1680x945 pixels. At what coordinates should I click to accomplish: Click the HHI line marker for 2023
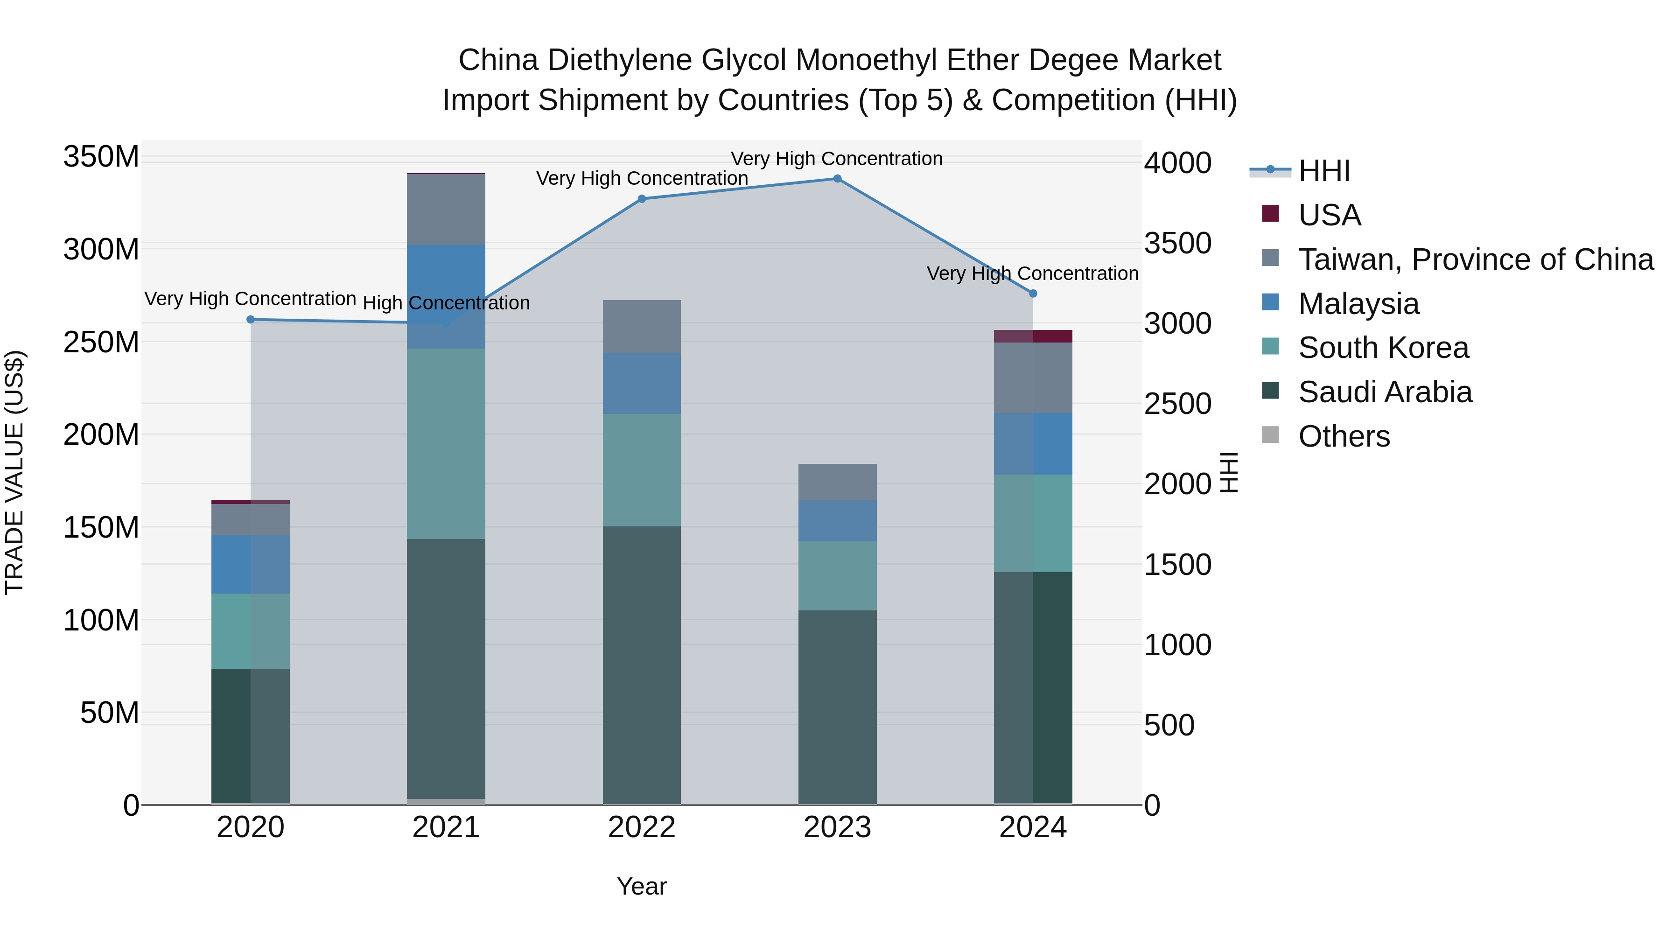tap(837, 179)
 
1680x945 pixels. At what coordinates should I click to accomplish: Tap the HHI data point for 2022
tap(642, 199)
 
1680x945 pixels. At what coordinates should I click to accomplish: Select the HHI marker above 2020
tap(251, 320)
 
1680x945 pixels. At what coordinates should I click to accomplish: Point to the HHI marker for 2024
tap(1033, 294)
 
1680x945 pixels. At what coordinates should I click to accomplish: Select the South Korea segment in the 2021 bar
tap(446, 443)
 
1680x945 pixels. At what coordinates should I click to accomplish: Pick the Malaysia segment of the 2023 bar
tap(837, 520)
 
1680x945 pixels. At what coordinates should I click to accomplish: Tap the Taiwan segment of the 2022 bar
tap(642, 326)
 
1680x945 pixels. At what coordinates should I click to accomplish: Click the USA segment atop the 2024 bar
tap(1033, 336)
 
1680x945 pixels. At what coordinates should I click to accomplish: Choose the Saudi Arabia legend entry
tap(1385, 392)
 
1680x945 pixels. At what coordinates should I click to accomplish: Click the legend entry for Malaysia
tap(1358, 304)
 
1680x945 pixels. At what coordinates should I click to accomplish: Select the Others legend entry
tap(1344, 436)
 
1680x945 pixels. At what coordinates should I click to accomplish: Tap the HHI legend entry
tap(1324, 171)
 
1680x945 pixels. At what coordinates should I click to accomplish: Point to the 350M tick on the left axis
tap(101, 157)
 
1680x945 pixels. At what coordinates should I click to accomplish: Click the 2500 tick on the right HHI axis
tap(1178, 404)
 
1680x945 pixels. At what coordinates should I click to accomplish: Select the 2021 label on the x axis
tap(446, 827)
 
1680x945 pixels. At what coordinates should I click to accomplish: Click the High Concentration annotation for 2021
tap(446, 303)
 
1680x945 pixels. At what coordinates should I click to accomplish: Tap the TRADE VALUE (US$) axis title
tap(14, 472)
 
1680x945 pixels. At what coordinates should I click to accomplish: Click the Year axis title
tap(642, 886)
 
